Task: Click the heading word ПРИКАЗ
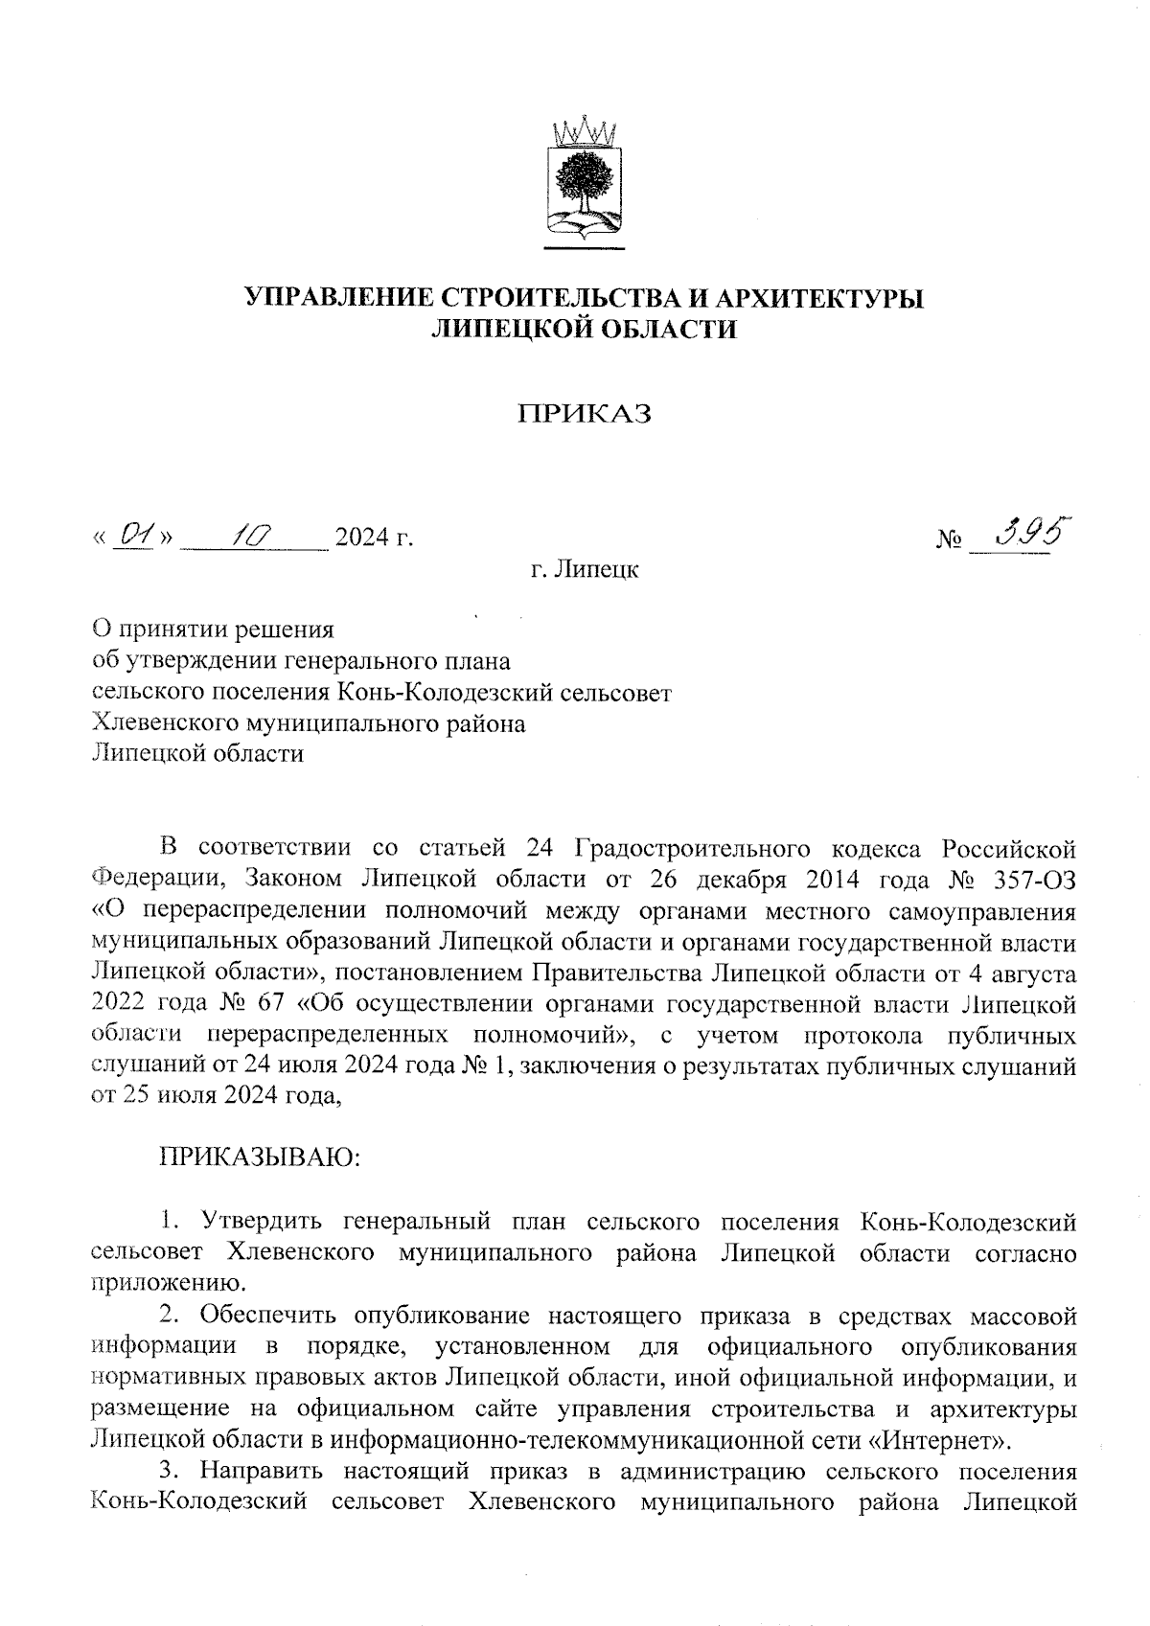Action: pyautogui.click(x=585, y=414)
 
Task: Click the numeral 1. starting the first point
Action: pyautogui.click(x=170, y=1222)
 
